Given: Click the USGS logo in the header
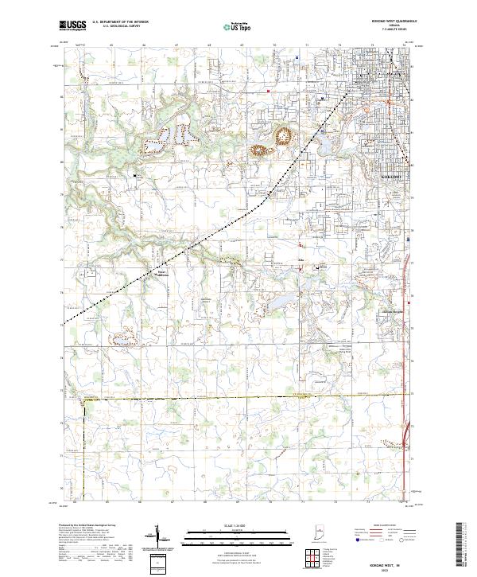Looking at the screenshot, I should pyautogui.click(x=72, y=26).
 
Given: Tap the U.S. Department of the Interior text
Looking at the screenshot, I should pyautogui.click(x=115, y=22).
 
